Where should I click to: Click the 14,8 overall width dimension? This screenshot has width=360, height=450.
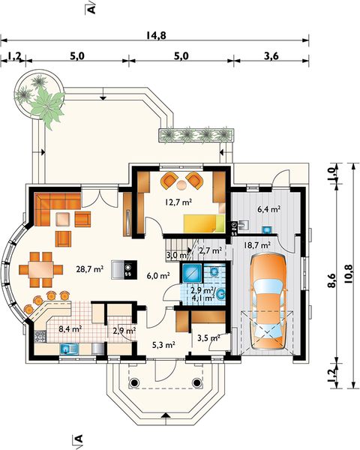click(x=156, y=35)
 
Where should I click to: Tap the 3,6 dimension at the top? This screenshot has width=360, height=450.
click(x=271, y=56)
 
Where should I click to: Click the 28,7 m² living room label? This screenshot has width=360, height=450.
click(x=90, y=269)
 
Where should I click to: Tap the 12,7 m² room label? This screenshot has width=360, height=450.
click(x=178, y=202)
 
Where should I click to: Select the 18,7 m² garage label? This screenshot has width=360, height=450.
click(x=257, y=245)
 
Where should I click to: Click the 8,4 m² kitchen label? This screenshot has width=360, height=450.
click(x=70, y=328)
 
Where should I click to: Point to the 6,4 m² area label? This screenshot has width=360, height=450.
click(x=269, y=209)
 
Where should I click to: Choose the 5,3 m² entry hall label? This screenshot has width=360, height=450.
click(x=163, y=345)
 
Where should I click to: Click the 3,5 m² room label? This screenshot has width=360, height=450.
click(x=208, y=337)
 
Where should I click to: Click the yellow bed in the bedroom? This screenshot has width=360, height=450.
click(x=204, y=223)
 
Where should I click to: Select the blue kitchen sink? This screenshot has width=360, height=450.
click(x=70, y=349)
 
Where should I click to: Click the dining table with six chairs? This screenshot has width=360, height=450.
click(x=41, y=270)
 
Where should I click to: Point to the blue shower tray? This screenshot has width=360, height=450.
click(x=191, y=271)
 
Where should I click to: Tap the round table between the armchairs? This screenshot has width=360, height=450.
click(x=181, y=185)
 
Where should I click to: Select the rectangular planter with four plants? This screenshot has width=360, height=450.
click(x=196, y=136)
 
